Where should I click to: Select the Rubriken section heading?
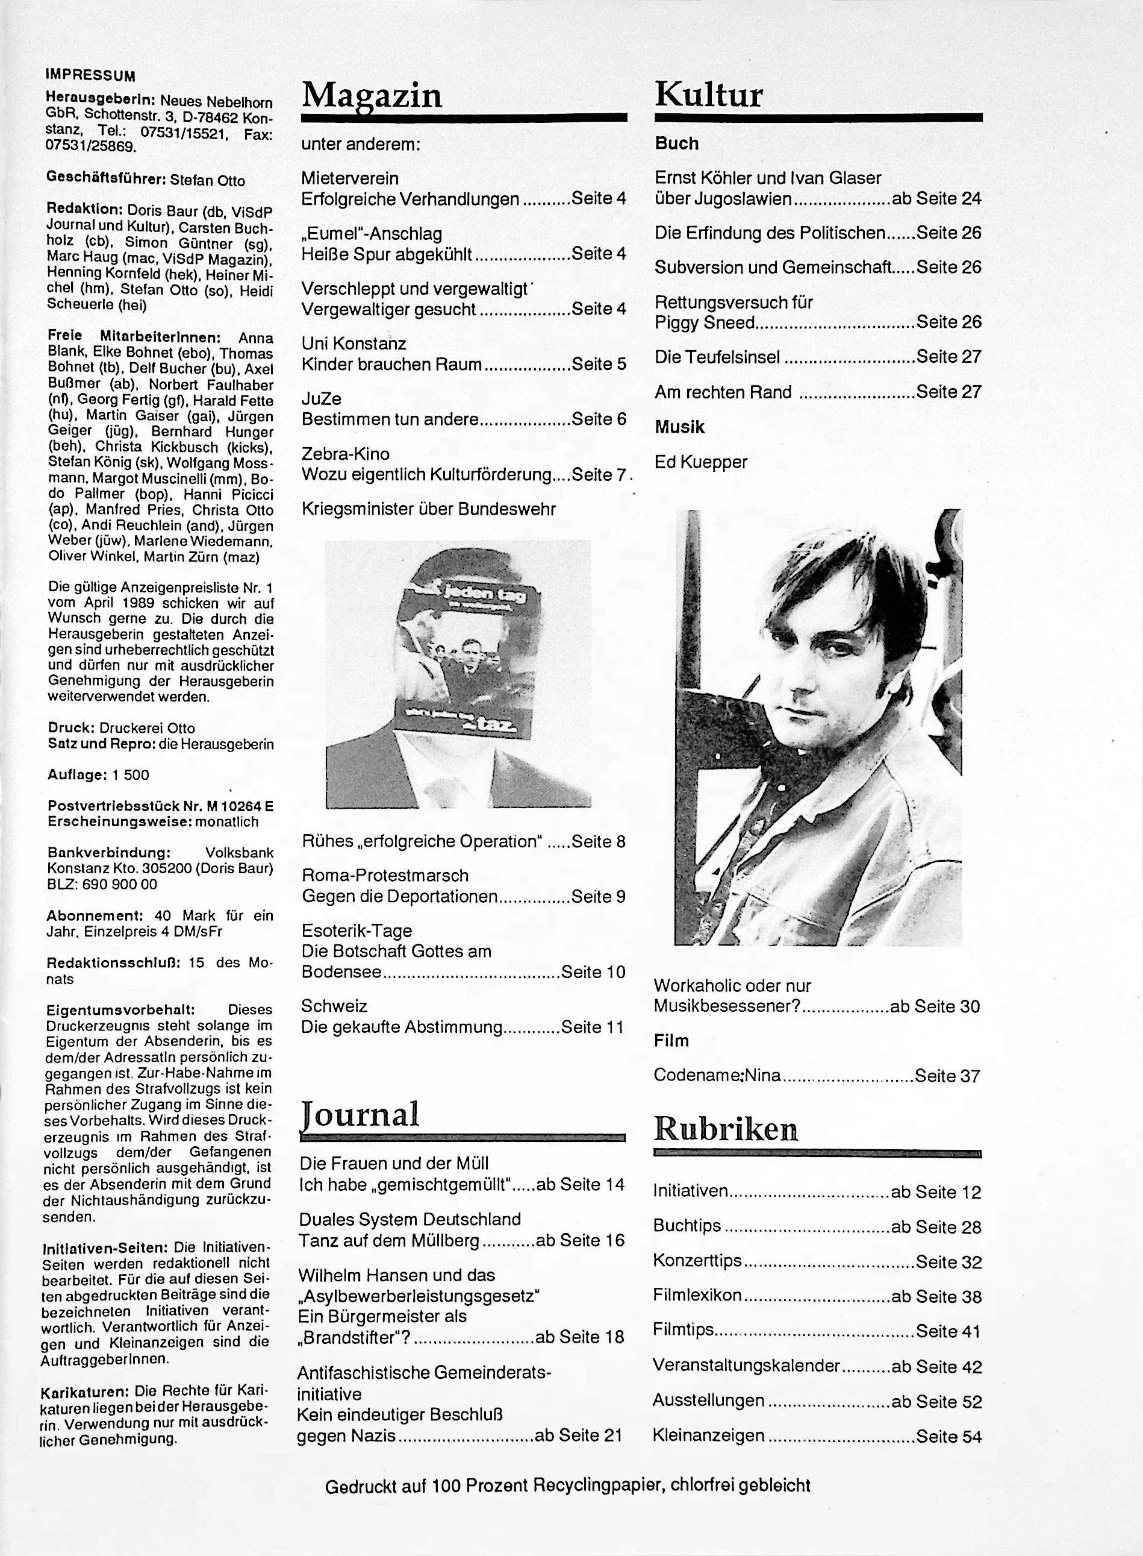(x=726, y=1129)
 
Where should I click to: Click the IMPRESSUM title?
(x=90, y=76)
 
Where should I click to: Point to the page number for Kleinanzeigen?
(x=948, y=1436)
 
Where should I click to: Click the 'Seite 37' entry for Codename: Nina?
(x=947, y=1076)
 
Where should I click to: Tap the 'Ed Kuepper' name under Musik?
(x=701, y=462)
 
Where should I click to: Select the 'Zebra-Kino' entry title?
(x=345, y=454)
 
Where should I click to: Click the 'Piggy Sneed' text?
(x=705, y=323)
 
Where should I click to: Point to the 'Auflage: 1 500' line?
(x=98, y=774)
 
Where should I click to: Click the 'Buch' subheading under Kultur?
(x=677, y=143)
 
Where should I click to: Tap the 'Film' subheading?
(x=671, y=1040)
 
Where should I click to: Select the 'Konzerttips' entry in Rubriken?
(x=697, y=1261)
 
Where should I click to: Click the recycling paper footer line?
(x=567, y=1485)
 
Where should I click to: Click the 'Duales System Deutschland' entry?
(x=410, y=1219)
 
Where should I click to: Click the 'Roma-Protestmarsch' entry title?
(x=385, y=876)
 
